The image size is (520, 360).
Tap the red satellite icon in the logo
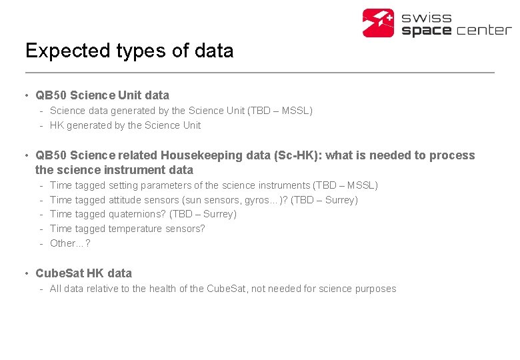379,23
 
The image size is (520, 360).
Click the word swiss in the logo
427,17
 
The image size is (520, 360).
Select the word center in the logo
483,31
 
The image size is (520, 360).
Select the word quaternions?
137,214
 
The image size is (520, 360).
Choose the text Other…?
70,243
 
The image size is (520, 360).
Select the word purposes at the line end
376,289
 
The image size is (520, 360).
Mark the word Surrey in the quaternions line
220,214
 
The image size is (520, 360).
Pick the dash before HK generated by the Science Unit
41,125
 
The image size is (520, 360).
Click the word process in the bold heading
455,155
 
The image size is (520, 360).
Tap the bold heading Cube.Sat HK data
83,273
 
